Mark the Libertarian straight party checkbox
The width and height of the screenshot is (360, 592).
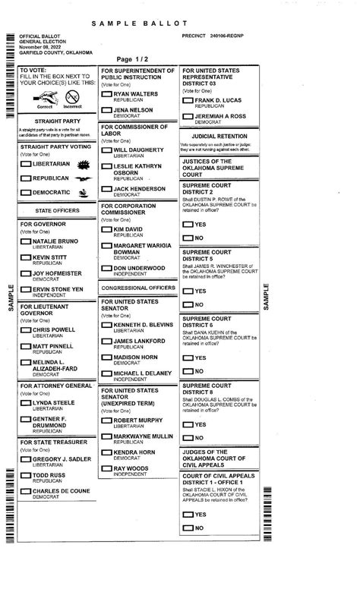click(x=26, y=164)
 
